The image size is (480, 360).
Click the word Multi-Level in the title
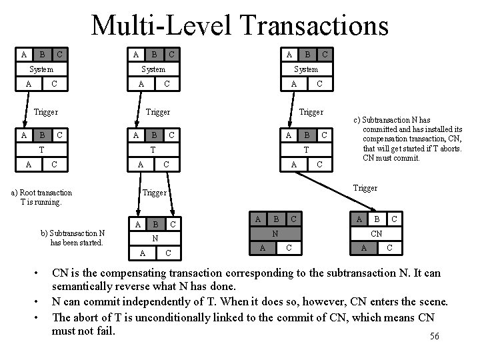(162, 26)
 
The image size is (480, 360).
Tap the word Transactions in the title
(311, 26)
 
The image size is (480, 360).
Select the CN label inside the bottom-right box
(376, 233)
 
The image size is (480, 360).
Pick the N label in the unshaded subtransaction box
(155, 238)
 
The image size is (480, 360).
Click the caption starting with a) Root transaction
(42, 197)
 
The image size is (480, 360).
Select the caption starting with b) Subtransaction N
(73, 237)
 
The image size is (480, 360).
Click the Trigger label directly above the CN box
(365, 188)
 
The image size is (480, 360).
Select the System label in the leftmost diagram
(41, 69)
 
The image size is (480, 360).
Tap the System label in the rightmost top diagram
(307, 69)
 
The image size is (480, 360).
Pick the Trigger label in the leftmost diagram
(45, 112)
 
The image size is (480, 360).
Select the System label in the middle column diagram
(154, 69)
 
